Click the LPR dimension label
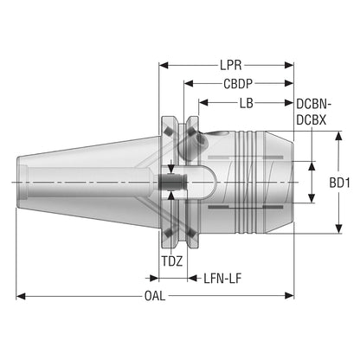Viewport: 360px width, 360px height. (x=231, y=66)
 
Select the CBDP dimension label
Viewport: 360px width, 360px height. (x=238, y=84)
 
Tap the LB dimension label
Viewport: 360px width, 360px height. (x=246, y=103)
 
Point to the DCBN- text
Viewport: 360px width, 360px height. (x=313, y=104)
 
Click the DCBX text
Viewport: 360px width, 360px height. (x=311, y=120)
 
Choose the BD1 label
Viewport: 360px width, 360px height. (x=340, y=183)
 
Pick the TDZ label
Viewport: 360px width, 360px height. (x=172, y=261)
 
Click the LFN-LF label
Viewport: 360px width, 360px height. (x=222, y=279)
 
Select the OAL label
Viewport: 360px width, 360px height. (x=155, y=296)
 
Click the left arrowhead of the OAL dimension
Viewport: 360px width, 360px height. (x=21, y=296)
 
